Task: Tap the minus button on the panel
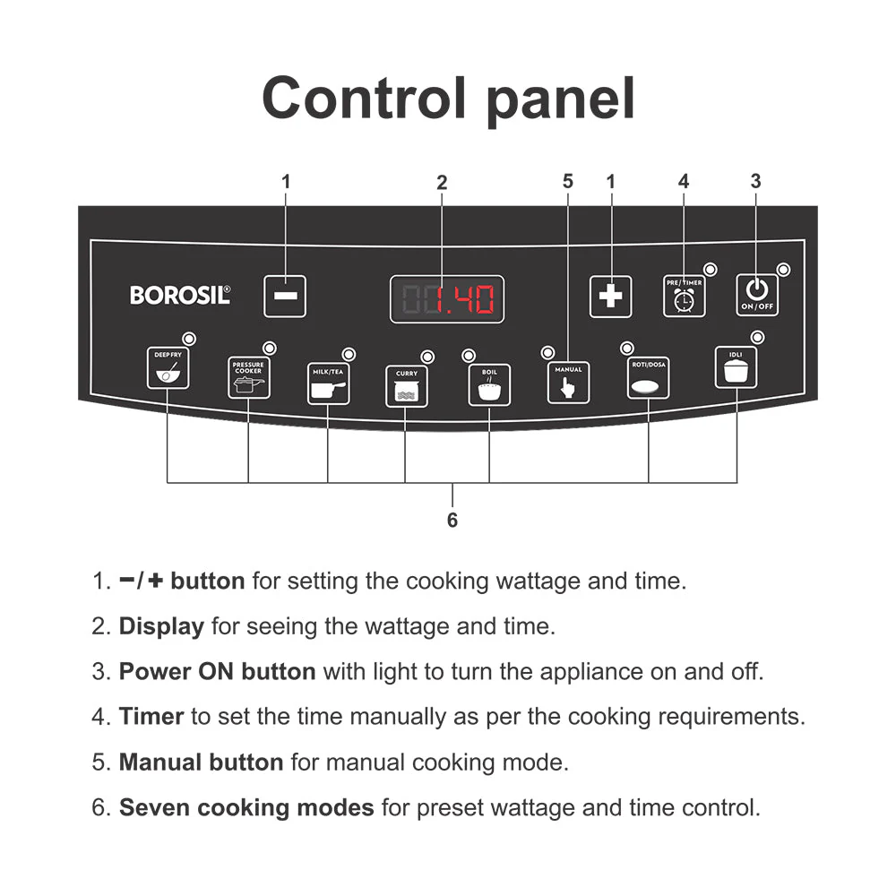(285, 297)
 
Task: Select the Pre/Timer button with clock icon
(684, 296)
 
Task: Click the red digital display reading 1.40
(447, 299)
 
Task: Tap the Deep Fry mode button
(168, 368)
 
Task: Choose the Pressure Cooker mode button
(248, 378)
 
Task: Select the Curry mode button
(406, 386)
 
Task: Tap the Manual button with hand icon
(568, 383)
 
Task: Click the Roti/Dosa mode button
(648, 378)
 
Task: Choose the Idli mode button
(736, 368)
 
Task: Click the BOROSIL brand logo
(180, 295)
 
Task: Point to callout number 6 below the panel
(452, 521)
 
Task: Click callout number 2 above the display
(442, 183)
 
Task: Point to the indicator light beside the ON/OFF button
(784, 269)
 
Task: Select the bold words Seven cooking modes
(246, 807)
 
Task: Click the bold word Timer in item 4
(151, 717)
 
